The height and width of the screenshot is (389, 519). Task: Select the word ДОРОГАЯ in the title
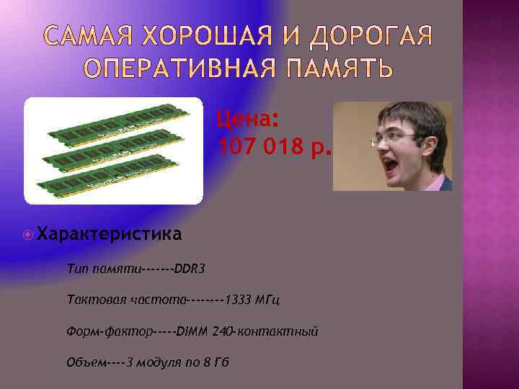point(376,35)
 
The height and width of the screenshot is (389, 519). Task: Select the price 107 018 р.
point(275,148)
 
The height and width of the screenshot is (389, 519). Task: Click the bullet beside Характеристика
point(27,233)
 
